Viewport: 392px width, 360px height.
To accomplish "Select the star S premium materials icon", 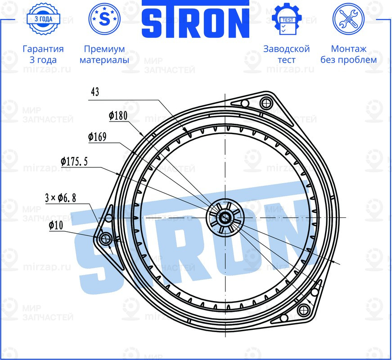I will click(x=104, y=19).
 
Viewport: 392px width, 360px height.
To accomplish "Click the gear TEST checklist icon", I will click(x=286, y=19).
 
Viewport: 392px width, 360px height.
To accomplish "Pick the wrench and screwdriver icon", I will click(x=348, y=19).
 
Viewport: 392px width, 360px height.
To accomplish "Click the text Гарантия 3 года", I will click(x=43, y=54).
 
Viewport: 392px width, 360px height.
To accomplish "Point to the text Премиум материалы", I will click(x=104, y=54).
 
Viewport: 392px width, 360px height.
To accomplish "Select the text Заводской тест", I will click(x=286, y=54).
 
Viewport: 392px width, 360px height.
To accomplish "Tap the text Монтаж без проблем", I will click(x=348, y=54).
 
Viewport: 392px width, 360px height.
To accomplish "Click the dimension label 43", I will click(x=95, y=92).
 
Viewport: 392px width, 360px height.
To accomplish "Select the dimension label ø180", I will click(x=118, y=116).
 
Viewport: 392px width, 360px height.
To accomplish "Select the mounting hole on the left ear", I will click(x=106, y=238).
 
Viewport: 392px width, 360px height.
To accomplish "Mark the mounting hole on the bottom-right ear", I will click(x=304, y=310).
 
